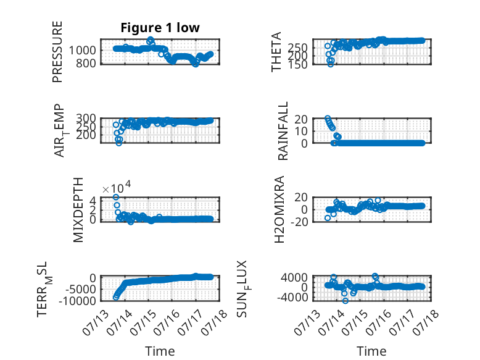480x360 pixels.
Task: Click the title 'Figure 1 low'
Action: [160, 28]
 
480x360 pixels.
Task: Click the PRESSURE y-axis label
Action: [57, 52]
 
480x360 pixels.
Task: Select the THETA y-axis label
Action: [276, 52]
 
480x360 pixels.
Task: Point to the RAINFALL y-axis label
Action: [283, 131]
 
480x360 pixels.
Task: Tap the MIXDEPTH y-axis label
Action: [78, 210]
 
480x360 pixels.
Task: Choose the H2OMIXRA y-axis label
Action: [279, 209]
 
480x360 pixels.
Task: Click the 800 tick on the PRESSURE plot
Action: [86, 64]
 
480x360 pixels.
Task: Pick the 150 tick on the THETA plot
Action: [297, 64]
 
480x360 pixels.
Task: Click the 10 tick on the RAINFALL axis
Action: [301, 131]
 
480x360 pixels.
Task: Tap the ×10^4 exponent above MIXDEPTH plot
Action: [117, 188]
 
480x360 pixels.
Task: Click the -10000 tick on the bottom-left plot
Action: [78, 301]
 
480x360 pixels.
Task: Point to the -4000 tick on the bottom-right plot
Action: [294, 297]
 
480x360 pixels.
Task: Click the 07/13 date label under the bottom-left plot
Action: [96, 322]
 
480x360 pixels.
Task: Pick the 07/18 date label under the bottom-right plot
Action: [426, 322]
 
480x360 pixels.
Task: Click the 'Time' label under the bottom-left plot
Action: [160, 351]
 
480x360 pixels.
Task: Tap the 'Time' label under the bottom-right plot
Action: [371, 351]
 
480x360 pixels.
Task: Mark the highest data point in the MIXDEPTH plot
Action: [116, 197]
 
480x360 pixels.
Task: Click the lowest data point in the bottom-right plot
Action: [346, 301]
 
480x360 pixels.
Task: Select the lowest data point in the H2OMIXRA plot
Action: [328, 218]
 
